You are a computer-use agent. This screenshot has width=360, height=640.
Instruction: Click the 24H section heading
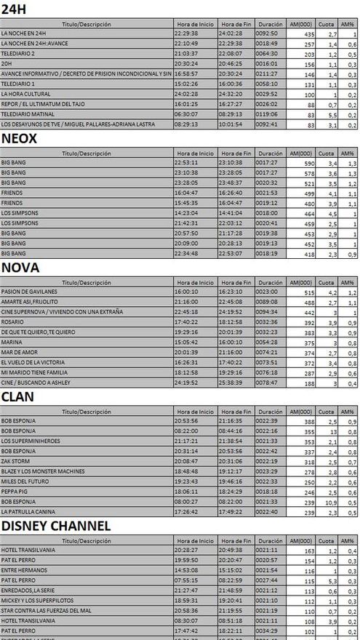click(15, 9)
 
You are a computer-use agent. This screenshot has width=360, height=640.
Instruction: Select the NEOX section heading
click(23, 139)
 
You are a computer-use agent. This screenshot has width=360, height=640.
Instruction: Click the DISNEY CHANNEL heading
click(56, 526)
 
